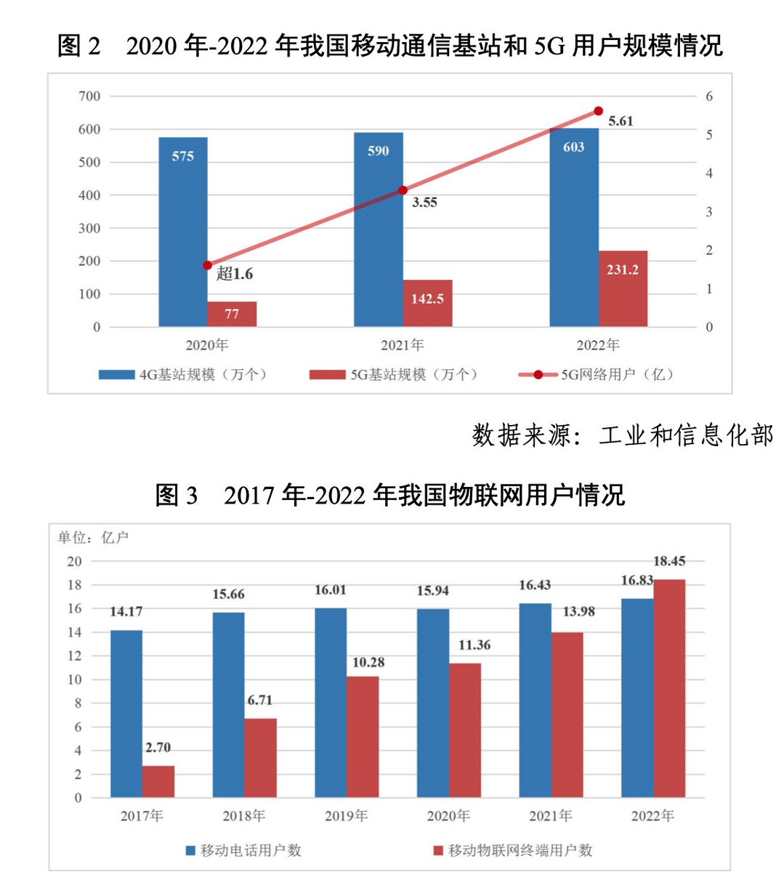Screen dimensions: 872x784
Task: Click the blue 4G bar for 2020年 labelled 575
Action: coord(183,233)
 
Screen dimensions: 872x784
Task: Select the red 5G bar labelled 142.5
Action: coord(427,304)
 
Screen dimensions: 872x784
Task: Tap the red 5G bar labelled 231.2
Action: coord(623,289)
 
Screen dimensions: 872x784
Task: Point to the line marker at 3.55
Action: coord(403,190)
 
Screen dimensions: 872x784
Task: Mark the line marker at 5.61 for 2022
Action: coord(598,111)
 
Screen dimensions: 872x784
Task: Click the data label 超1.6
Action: coord(235,274)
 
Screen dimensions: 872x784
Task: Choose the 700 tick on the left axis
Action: coord(89,97)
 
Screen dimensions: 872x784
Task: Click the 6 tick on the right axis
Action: coord(709,97)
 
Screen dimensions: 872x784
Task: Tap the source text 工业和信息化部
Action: coord(686,435)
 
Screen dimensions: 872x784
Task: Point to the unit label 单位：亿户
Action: coord(94,538)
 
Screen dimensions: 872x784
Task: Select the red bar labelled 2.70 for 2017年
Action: coord(158,781)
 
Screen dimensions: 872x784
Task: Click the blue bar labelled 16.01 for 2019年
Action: coord(331,703)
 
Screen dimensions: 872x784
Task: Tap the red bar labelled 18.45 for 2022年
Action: coord(669,688)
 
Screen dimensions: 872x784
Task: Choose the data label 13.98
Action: coord(578,612)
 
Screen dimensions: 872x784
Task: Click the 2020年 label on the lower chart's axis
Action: coord(448,816)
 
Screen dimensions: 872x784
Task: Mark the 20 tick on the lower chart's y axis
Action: coord(74,562)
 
